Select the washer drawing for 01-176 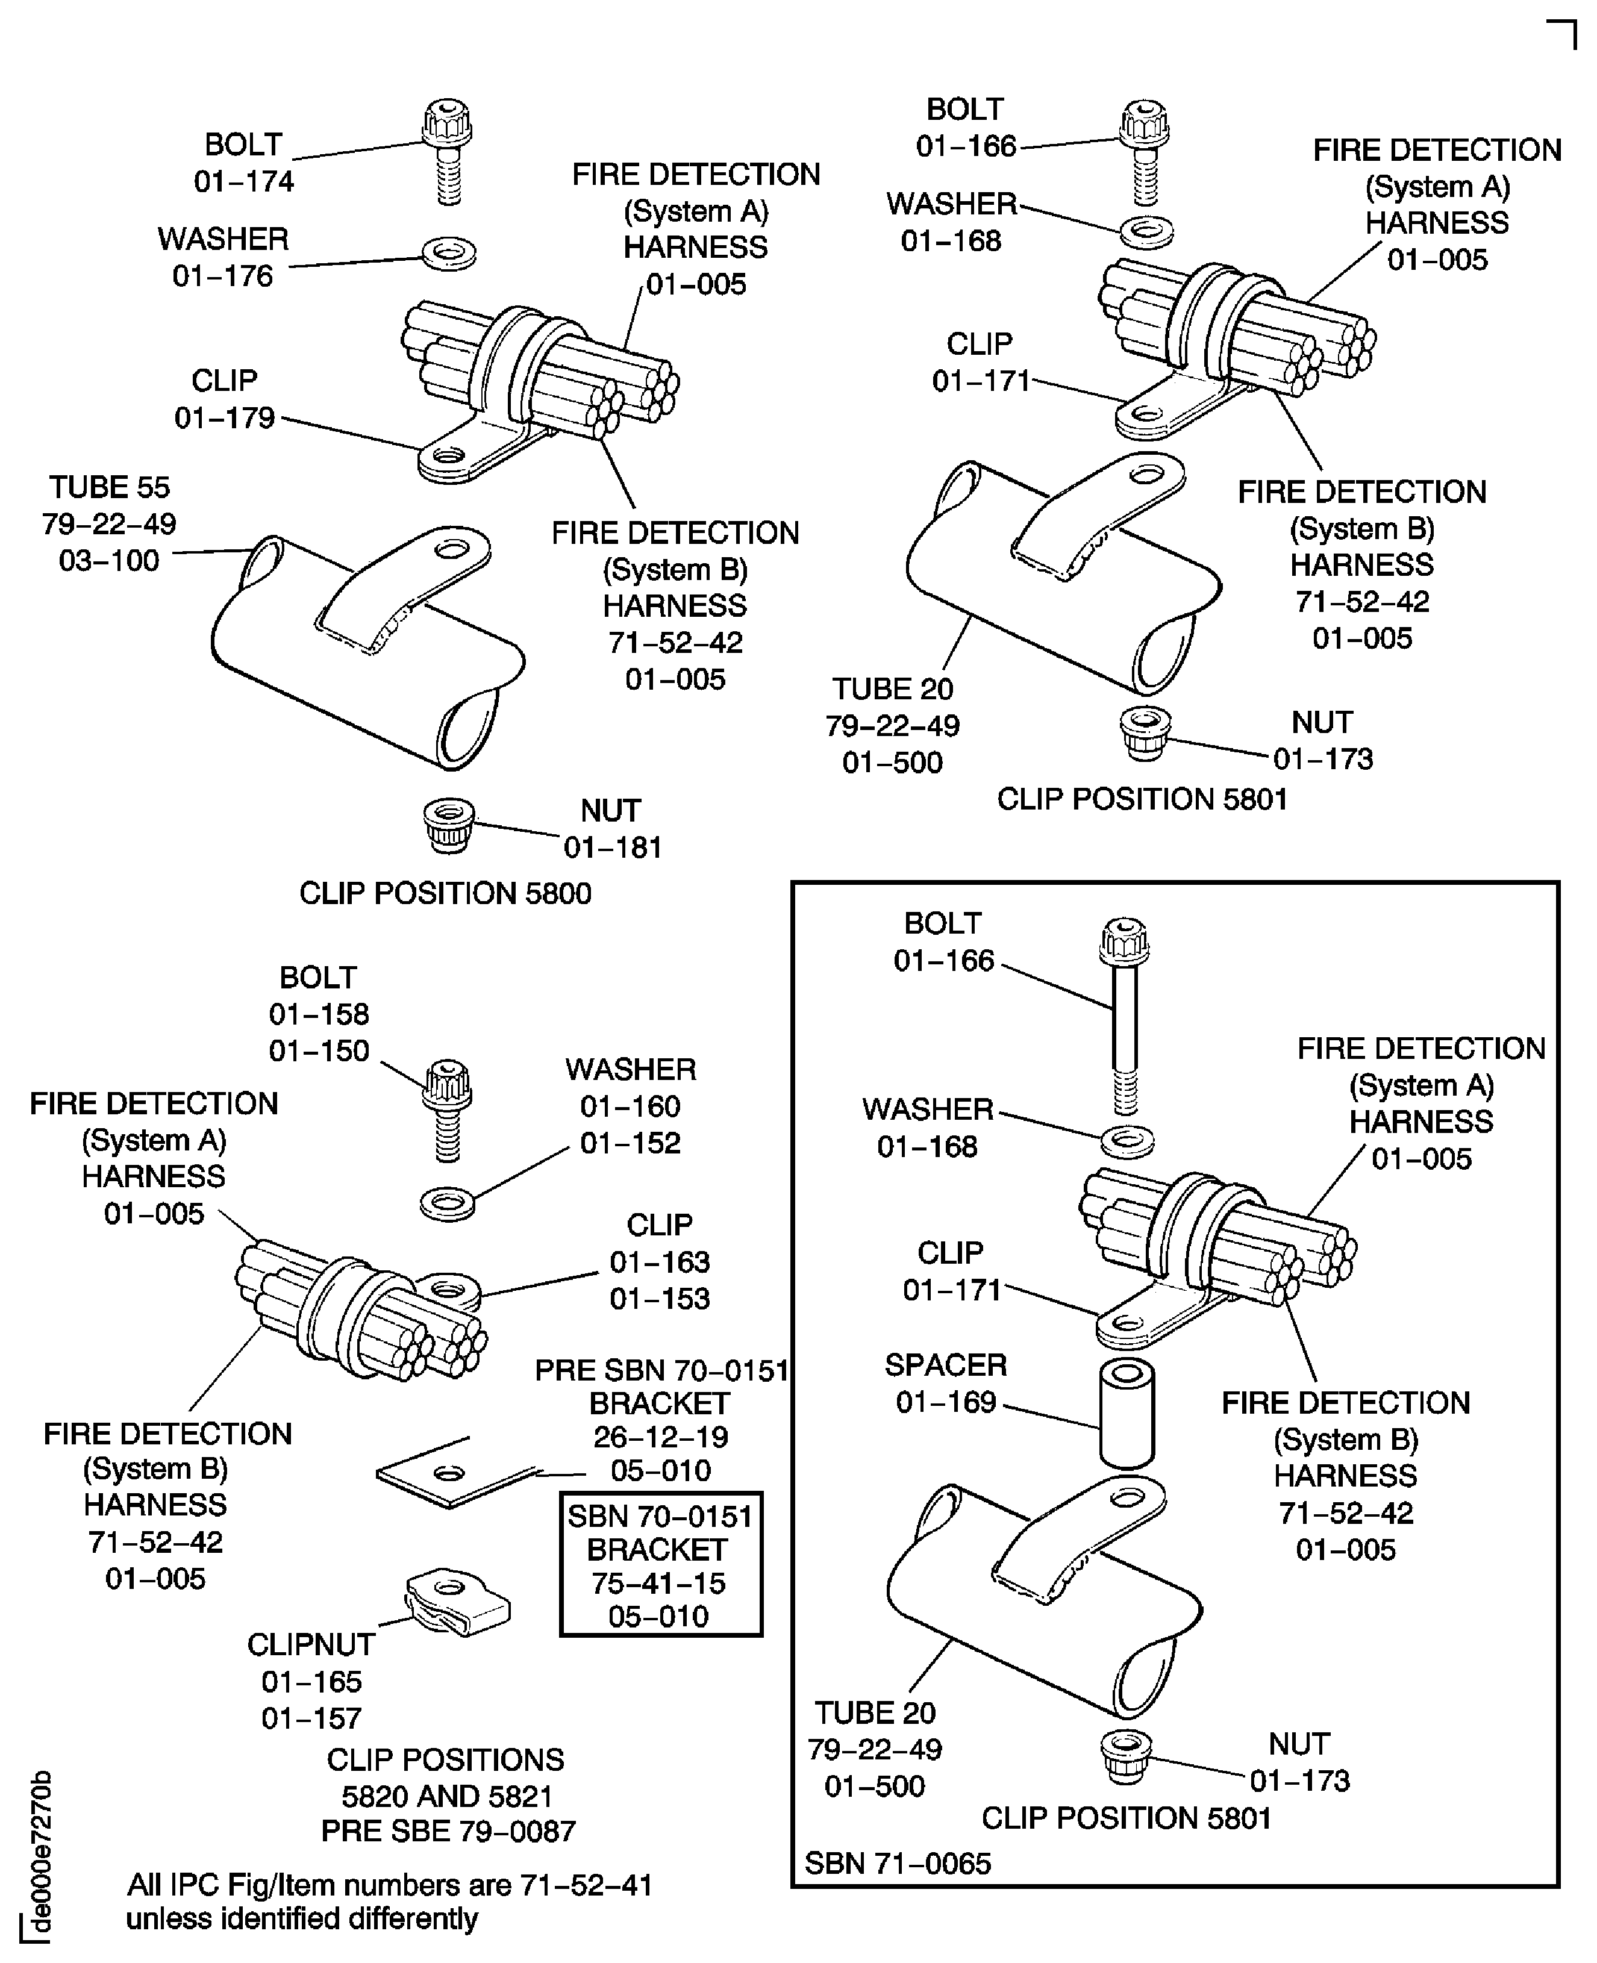point(448,251)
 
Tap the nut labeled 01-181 point(448,823)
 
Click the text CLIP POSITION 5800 point(445,893)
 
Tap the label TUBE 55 point(110,487)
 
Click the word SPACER point(946,1365)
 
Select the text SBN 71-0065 point(898,1864)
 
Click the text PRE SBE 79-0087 point(448,1832)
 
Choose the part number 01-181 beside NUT point(613,847)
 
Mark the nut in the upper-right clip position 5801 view point(1145,732)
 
